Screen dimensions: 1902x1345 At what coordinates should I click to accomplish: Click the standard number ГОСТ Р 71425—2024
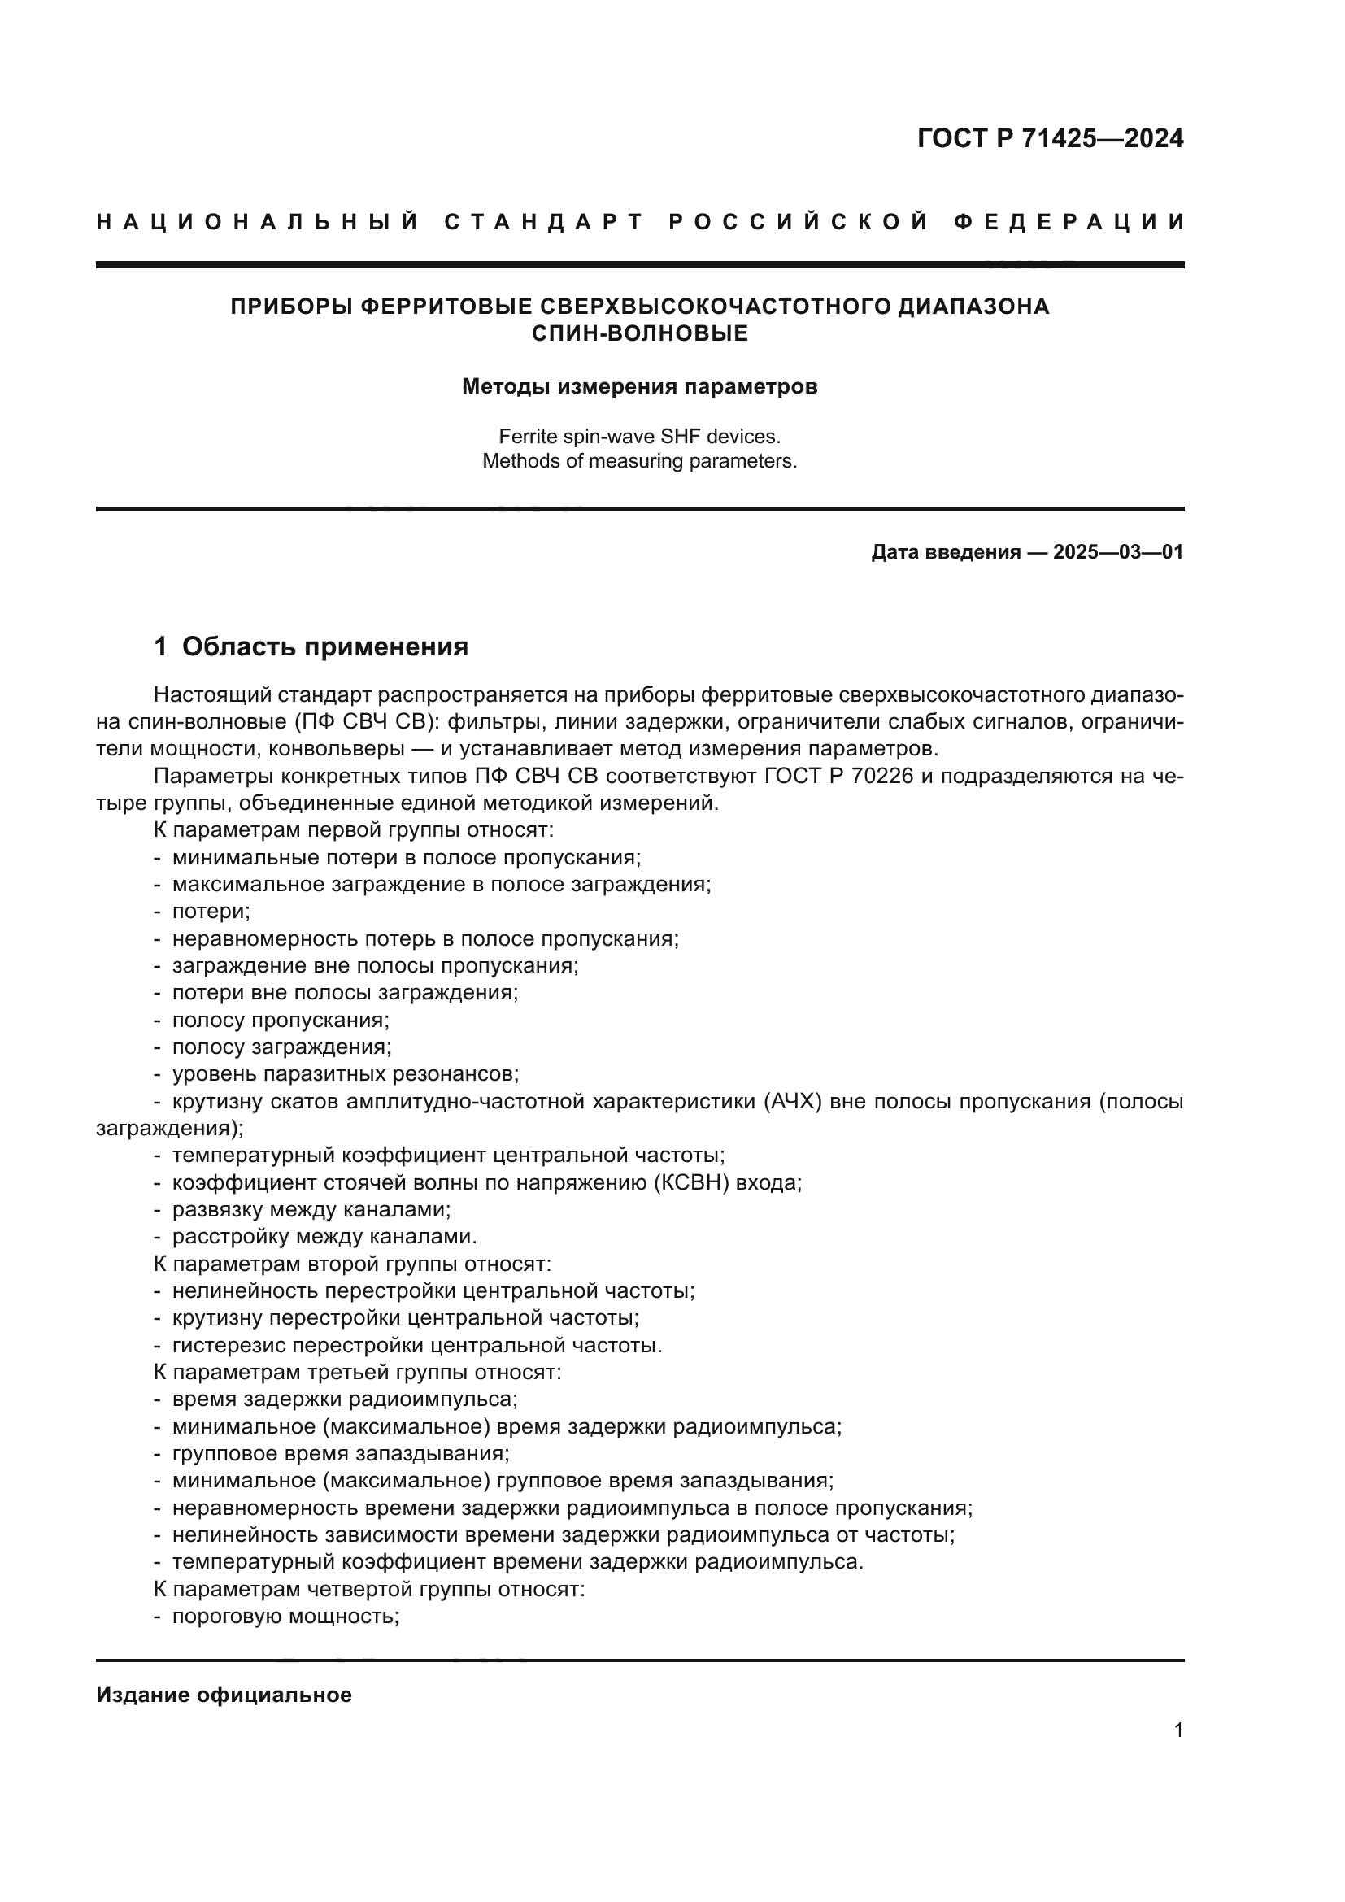[x=1050, y=138]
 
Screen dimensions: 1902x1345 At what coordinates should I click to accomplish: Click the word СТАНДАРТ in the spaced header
[x=543, y=222]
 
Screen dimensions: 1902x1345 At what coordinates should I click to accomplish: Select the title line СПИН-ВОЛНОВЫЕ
[x=639, y=333]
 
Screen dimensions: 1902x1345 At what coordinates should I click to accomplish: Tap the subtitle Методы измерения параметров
[x=639, y=387]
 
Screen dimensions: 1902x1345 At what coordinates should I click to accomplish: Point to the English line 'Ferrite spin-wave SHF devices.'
[x=639, y=436]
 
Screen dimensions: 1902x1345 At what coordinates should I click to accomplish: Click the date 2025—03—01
[x=1117, y=552]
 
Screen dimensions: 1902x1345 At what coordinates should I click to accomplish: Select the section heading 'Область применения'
[x=324, y=647]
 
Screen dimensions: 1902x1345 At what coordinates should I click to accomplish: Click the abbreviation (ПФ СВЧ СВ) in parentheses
[x=365, y=721]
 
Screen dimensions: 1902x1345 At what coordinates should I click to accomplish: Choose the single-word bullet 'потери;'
[x=211, y=912]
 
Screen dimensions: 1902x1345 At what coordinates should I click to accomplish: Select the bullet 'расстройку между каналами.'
[x=324, y=1237]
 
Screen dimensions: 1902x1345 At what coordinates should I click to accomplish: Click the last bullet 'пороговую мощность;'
[x=285, y=1617]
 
